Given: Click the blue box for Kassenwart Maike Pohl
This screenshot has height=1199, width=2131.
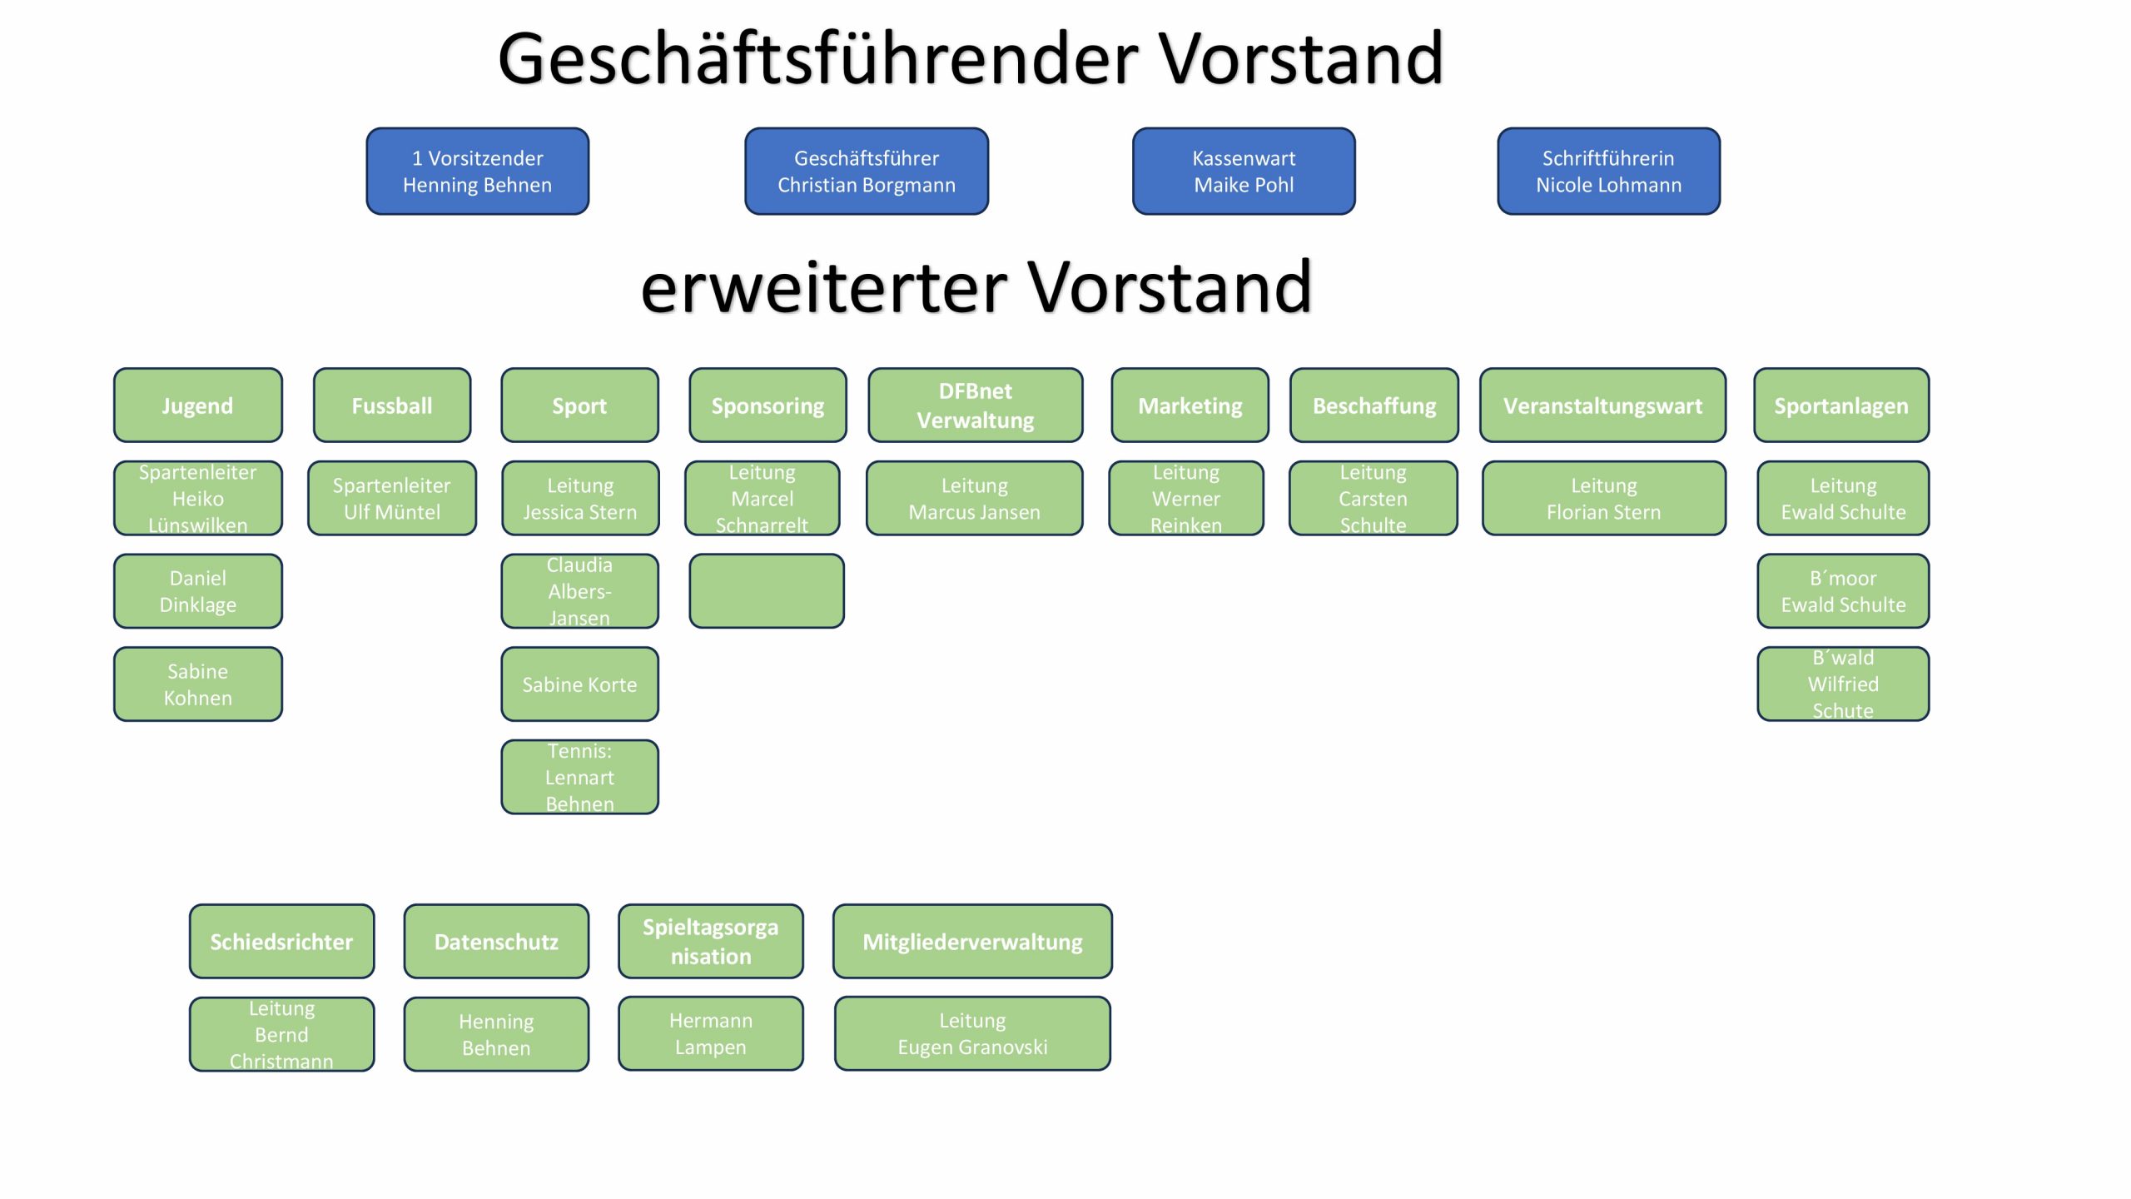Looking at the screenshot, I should click(1244, 172).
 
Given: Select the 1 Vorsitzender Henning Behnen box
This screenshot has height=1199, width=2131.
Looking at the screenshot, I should click(477, 172).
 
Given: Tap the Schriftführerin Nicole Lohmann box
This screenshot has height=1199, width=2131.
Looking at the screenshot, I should click(1608, 172).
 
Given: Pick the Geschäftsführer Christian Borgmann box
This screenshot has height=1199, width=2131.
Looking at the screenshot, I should click(866, 172).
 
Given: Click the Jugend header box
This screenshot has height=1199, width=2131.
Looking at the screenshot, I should click(197, 405).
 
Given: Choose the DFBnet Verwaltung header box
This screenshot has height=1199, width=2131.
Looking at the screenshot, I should click(975, 405).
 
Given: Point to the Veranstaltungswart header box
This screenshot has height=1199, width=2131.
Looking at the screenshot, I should click(1602, 405).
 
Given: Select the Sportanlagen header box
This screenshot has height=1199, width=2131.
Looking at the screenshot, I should click(1840, 405).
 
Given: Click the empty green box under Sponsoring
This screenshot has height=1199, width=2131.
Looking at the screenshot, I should click(766, 591).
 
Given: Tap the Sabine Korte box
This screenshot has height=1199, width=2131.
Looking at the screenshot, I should click(579, 684).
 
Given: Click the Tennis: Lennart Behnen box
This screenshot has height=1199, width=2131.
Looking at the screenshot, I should click(579, 777).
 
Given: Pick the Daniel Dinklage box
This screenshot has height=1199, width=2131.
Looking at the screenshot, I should click(197, 591).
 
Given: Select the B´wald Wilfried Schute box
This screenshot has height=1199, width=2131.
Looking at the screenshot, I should click(1842, 684).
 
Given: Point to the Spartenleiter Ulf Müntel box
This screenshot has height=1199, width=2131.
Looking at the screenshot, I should click(391, 498).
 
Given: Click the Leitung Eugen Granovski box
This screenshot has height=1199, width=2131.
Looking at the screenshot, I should click(972, 1033).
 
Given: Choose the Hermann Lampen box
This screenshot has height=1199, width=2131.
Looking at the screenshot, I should click(710, 1033).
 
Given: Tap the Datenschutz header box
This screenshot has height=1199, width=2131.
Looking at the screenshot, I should click(496, 942).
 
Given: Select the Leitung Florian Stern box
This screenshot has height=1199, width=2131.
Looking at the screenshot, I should click(1603, 498).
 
